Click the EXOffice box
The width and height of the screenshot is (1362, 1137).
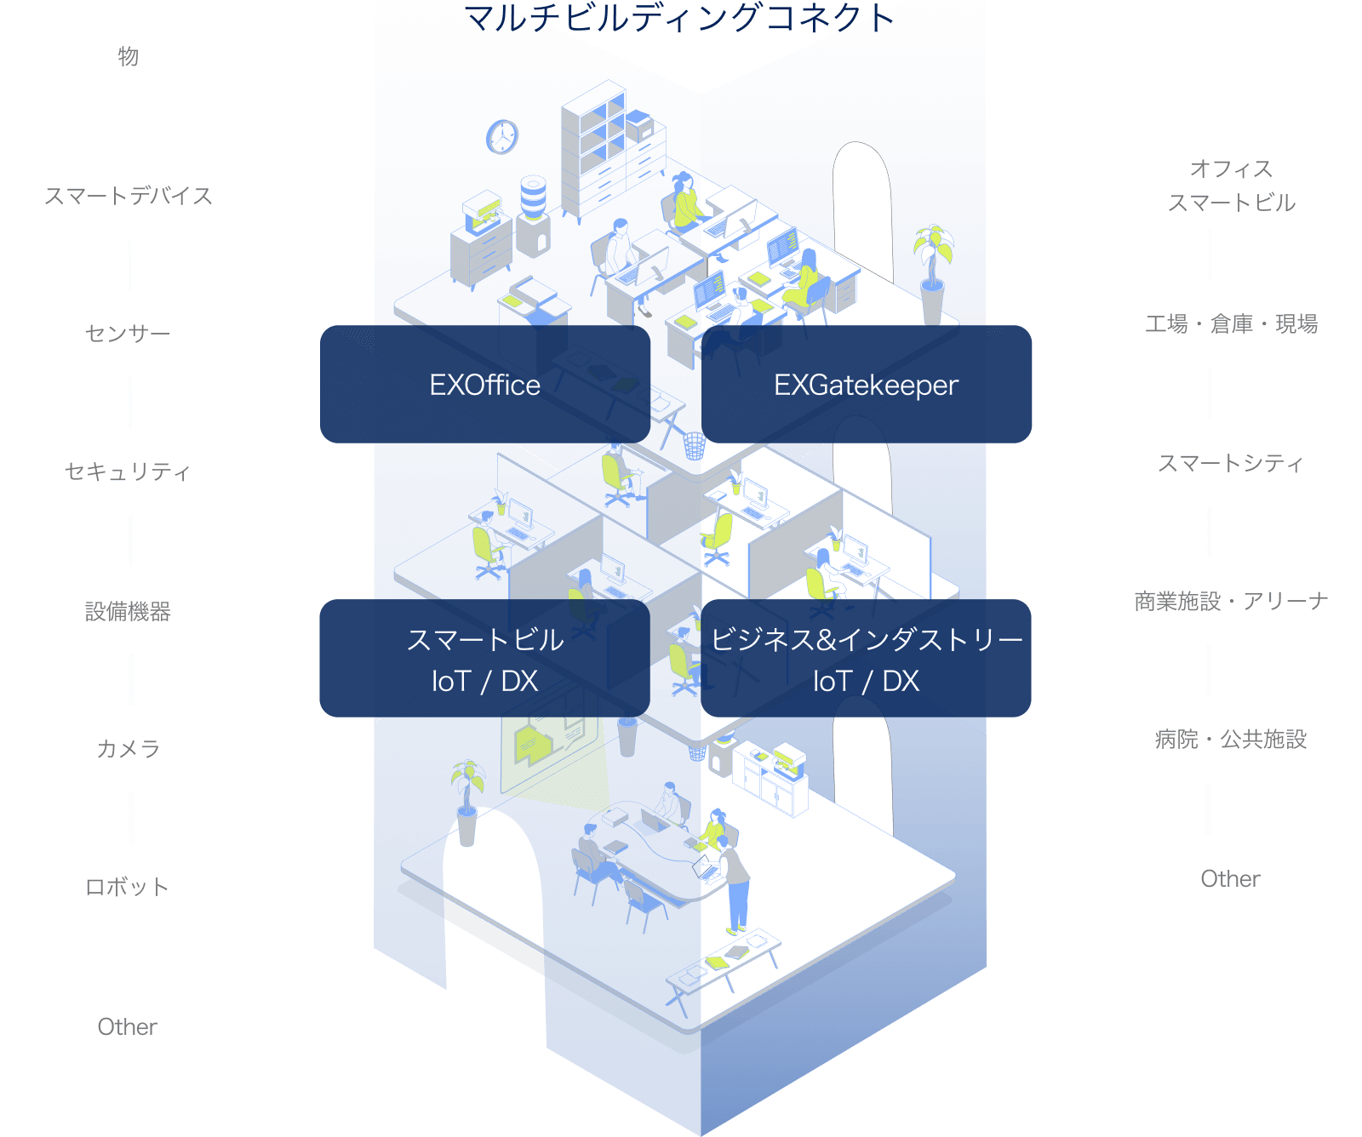pyautogui.click(x=485, y=385)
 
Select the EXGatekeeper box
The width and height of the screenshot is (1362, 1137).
pyautogui.click(x=866, y=385)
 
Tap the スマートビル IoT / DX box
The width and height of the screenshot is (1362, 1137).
pyautogui.click(x=484, y=659)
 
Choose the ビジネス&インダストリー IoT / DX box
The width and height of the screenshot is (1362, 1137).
pyautogui.click(x=866, y=659)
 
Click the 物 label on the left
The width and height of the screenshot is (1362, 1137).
pyautogui.click(x=128, y=57)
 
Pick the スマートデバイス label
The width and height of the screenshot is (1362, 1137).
pyautogui.click(x=128, y=196)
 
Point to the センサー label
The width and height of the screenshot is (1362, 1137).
pyautogui.click(x=128, y=334)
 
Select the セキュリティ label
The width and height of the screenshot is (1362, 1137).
pyautogui.click(x=128, y=472)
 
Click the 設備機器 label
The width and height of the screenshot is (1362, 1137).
pyautogui.click(x=128, y=611)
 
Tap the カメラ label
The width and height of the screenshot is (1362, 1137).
pyautogui.click(x=128, y=749)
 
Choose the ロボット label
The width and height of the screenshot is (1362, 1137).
pyautogui.click(x=128, y=888)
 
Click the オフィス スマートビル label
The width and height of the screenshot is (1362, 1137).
pyautogui.click(x=1232, y=186)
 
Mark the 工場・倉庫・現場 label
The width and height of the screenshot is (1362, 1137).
pyautogui.click(x=1232, y=324)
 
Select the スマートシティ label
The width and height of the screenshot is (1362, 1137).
pyautogui.click(x=1232, y=463)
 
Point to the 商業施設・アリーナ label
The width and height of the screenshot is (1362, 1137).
pyautogui.click(x=1232, y=602)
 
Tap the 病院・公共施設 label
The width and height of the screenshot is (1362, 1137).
pyautogui.click(x=1232, y=740)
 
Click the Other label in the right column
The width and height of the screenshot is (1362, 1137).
pyautogui.click(x=1232, y=878)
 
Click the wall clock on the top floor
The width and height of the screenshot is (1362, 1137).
pyautogui.click(x=502, y=136)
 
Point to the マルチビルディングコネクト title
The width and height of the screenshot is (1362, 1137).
pyautogui.click(x=679, y=17)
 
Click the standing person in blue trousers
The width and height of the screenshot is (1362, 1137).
pyautogui.click(x=735, y=885)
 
